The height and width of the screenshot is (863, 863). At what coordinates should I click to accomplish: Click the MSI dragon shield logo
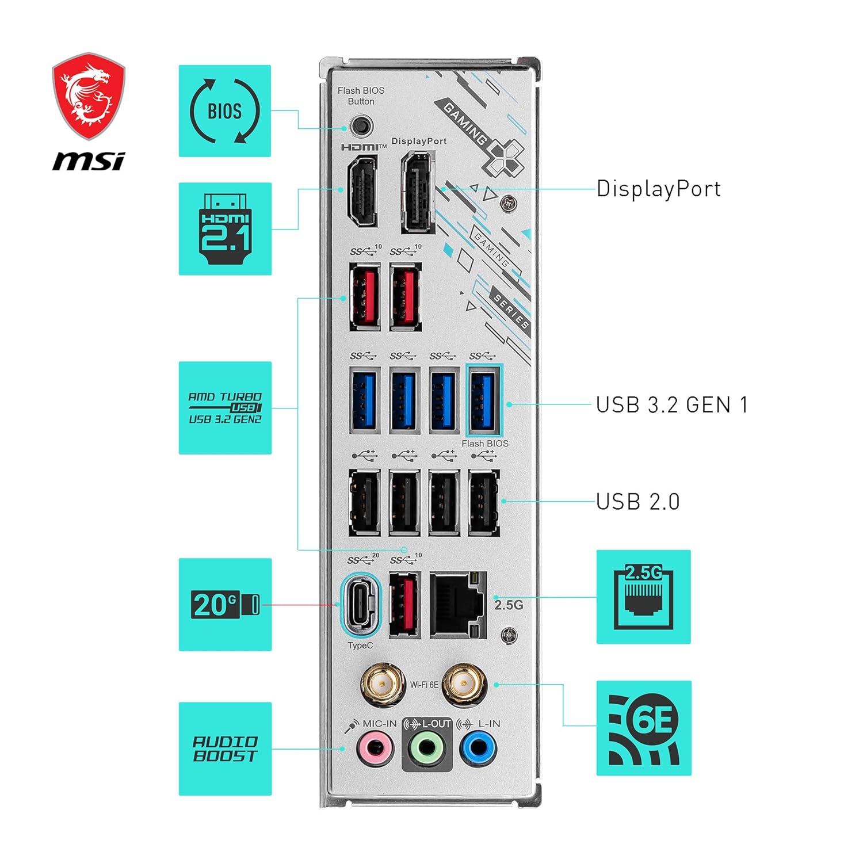point(89,97)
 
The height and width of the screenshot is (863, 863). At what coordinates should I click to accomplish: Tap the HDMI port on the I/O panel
point(362,191)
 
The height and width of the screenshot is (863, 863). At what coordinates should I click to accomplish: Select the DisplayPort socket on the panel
point(418,192)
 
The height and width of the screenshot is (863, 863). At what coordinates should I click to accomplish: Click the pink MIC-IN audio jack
point(375,749)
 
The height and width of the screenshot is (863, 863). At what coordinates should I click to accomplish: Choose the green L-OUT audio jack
point(427,749)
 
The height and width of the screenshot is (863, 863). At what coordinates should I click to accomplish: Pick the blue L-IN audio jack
point(479,749)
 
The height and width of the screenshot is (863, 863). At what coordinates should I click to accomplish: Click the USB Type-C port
point(361,604)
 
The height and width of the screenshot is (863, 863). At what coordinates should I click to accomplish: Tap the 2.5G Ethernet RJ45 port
point(459,605)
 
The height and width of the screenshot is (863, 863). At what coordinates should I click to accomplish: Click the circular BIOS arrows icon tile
point(225,111)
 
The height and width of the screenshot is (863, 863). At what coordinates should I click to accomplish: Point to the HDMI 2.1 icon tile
point(225,228)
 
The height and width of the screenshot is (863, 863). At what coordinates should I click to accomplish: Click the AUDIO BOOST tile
point(225,749)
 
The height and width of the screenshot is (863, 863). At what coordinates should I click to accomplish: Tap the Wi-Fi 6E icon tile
point(644,728)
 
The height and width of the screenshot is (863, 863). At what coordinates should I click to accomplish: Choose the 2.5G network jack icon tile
point(643,597)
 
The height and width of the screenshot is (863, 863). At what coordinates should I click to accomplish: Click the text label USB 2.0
point(638,502)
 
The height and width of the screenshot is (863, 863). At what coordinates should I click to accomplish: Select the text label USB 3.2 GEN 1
point(672,404)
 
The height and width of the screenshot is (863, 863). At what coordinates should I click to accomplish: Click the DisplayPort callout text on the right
point(659,189)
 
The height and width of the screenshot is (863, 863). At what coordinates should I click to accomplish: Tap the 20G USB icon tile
point(225,605)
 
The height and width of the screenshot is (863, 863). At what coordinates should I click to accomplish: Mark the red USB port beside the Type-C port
point(405,604)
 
